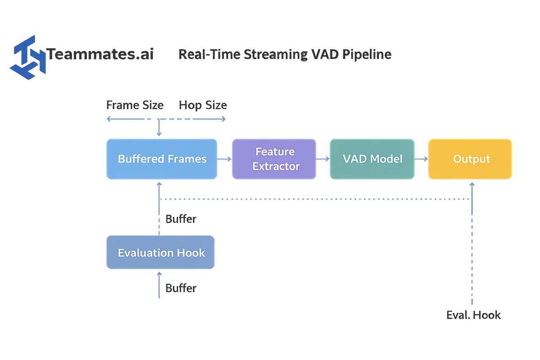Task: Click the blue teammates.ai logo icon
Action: click(x=27, y=57)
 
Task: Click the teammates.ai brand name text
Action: click(x=101, y=55)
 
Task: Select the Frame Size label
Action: click(x=135, y=106)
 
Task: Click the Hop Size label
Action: click(x=204, y=106)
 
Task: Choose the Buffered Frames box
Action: click(x=162, y=159)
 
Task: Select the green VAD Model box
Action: click(x=372, y=159)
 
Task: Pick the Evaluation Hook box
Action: click(x=161, y=252)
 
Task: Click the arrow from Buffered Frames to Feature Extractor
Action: click(x=225, y=159)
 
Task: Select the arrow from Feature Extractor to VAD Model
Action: click(x=323, y=158)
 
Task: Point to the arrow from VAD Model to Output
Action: click(x=421, y=158)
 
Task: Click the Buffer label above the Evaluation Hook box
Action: click(x=181, y=220)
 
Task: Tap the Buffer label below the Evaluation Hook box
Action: click(x=181, y=288)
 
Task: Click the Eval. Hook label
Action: click(x=473, y=315)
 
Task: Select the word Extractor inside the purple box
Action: click(x=275, y=166)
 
